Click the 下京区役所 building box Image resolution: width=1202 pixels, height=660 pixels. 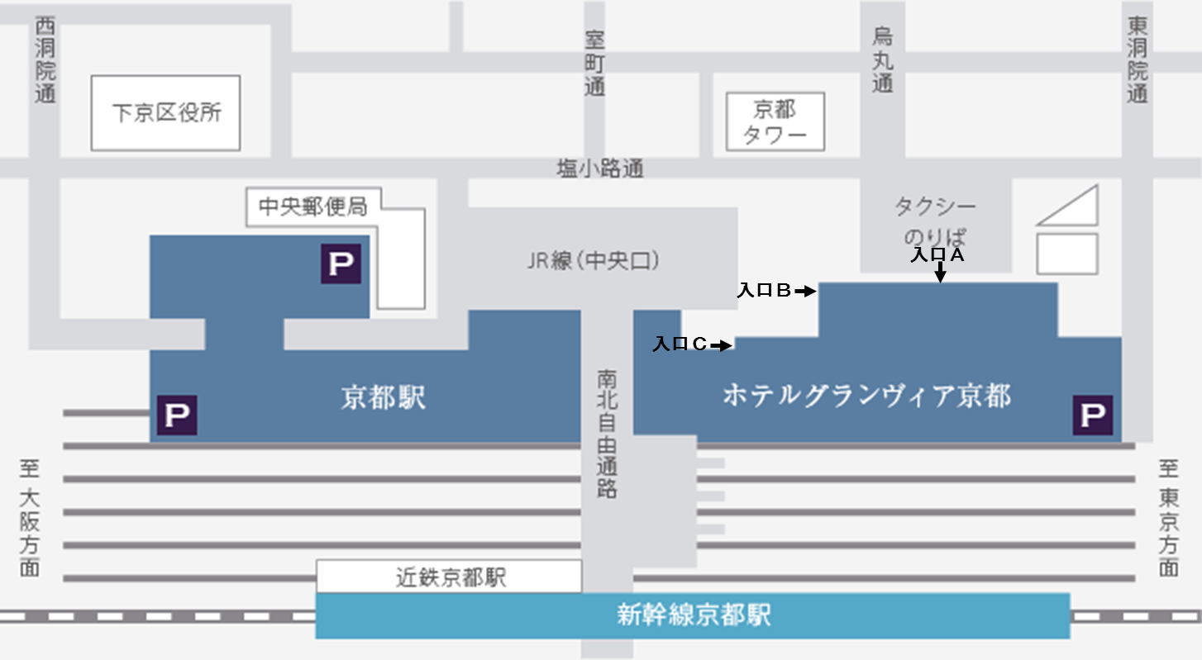click(165, 113)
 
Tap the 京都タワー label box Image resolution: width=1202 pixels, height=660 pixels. click(775, 121)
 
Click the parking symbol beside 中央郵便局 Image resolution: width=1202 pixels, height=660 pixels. click(341, 264)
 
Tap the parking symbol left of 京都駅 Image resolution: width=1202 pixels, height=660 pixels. click(177, 415)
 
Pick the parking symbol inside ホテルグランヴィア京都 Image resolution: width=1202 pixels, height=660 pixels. click(1092, 415)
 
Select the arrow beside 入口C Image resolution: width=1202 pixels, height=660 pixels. click(722, 345)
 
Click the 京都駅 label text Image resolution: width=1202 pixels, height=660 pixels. click(384, 398)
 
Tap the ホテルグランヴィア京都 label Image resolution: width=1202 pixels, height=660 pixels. click(866, 396)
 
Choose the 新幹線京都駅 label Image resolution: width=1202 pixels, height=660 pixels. click(694, 615)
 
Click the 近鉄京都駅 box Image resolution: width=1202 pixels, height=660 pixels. click(449, 577)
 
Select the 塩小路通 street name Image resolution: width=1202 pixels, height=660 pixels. click(599, 169)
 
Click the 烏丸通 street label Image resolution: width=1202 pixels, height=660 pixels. click(883, 60)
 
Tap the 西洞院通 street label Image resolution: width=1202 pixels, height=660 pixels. click(45, 61)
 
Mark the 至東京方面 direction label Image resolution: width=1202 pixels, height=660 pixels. click(1167, 519)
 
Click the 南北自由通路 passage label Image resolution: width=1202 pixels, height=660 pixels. click(607, 434)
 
